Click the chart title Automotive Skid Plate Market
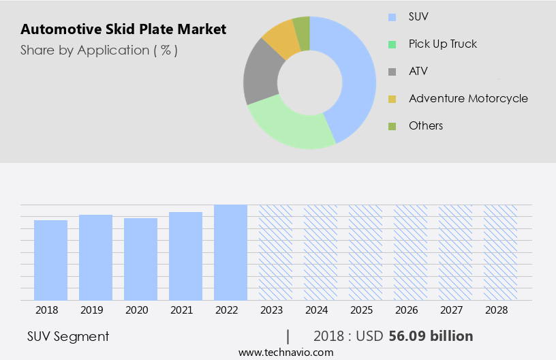tap(123, 30)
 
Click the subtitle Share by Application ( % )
tap(99, 50)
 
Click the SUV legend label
tap(419, 16)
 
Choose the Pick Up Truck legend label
tap(442, 44)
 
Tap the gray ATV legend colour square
tap(392, 72)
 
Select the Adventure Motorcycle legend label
tap(468, 98)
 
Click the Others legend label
tap(426, 125)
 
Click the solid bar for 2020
tap(140, 259)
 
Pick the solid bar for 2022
tap(230, 252)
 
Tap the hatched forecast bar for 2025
tap(365, 252)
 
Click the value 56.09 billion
tap(431, 336)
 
